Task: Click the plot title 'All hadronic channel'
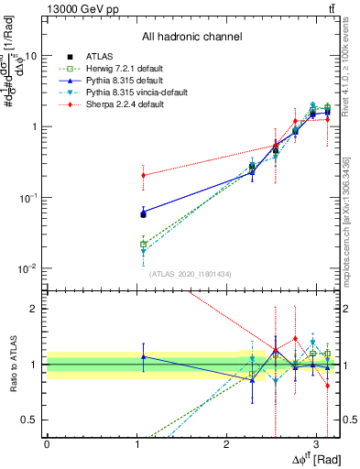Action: coord(191,38)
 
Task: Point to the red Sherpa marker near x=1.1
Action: coord(143,175)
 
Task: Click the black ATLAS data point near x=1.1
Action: coord(143,213)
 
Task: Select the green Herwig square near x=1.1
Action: coord(143,245)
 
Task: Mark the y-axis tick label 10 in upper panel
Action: coord(30,55)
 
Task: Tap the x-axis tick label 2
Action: coord(226,442)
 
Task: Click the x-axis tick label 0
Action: coord(47,442)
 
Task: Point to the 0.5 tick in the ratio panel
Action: coord(34,420)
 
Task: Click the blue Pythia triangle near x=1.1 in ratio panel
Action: coord(143,356)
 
